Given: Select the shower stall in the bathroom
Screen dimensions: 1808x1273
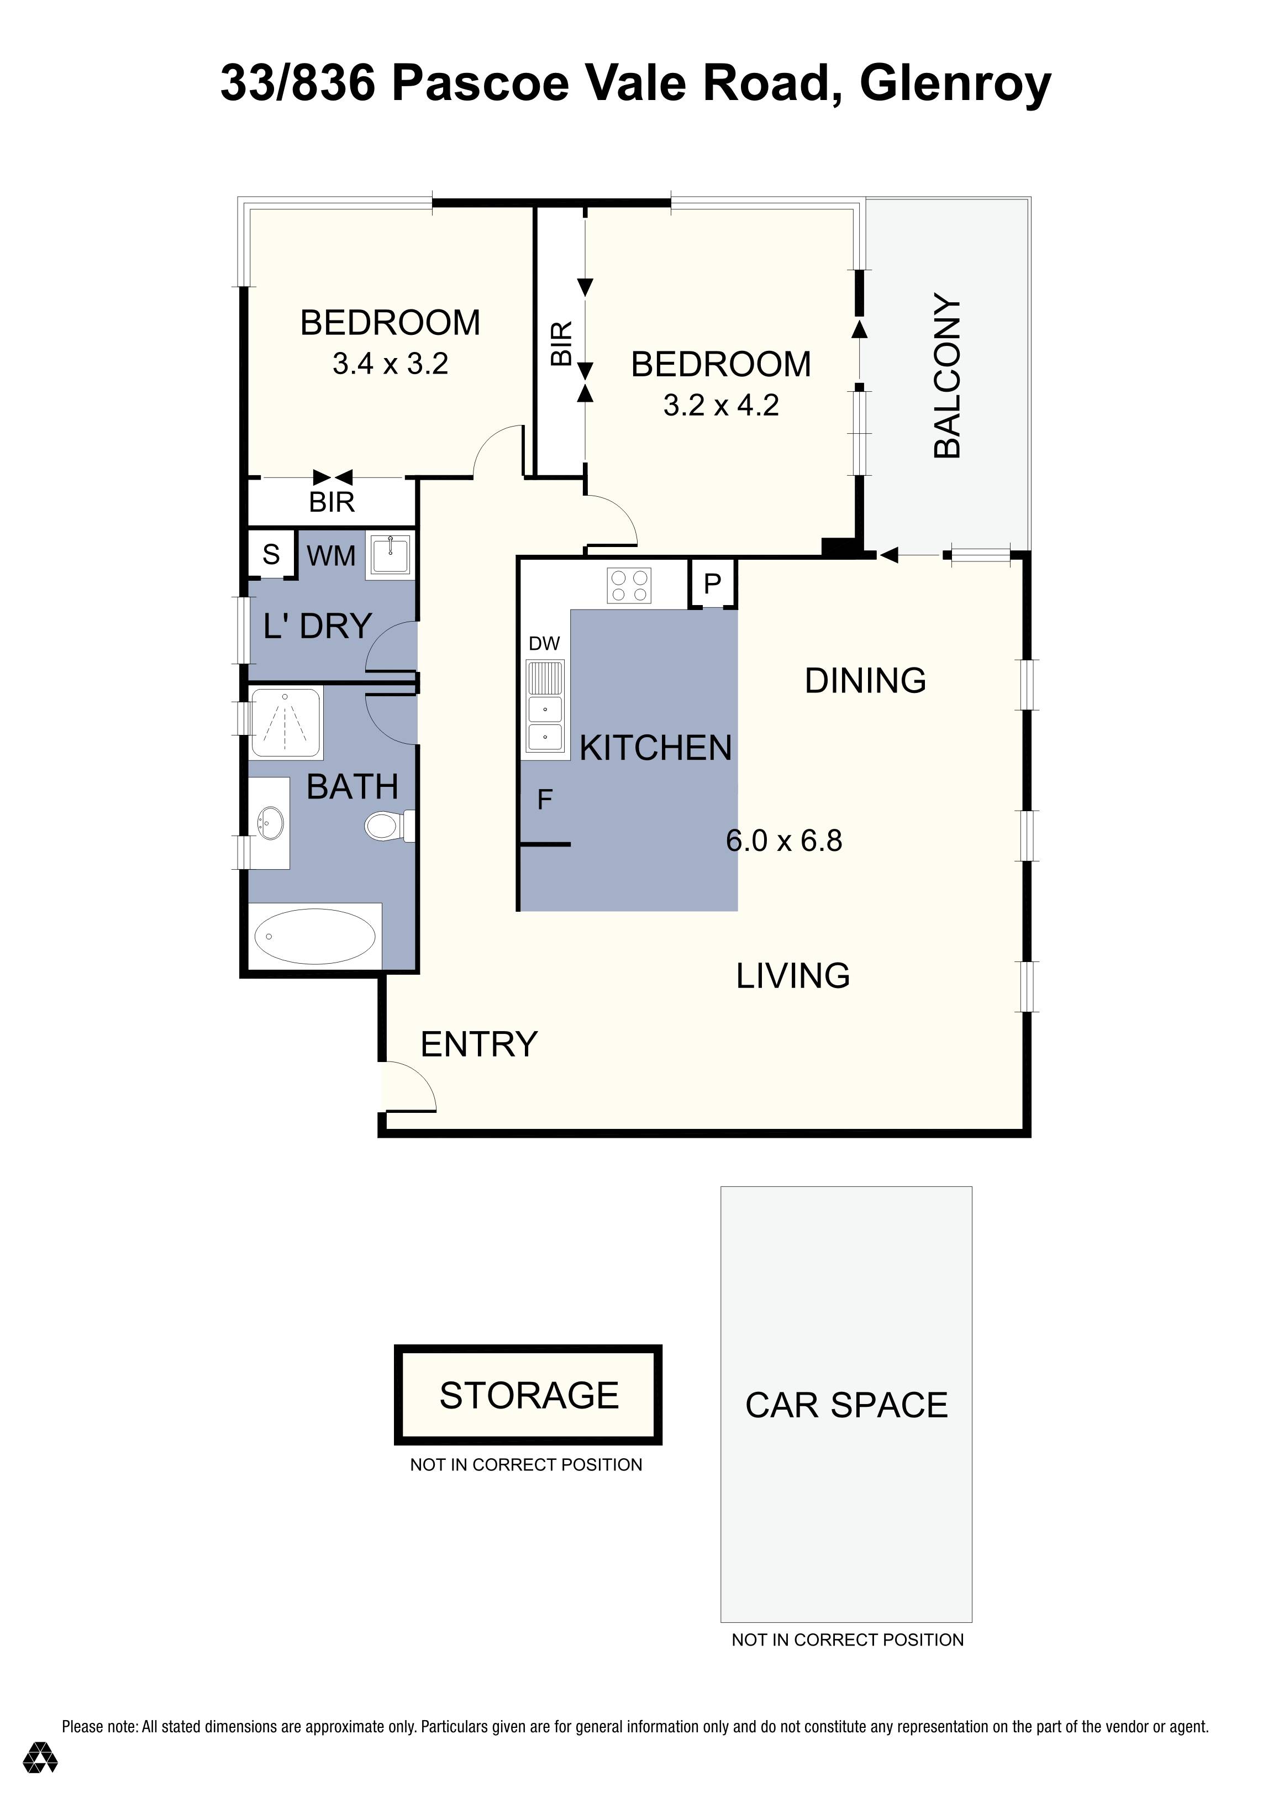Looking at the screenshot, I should coord(285,723).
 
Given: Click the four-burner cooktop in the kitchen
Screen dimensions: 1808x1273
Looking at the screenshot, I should coord(629,586).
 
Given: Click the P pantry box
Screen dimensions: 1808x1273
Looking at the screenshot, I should coord(712,584).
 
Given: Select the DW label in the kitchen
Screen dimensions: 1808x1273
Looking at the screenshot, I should coord(544,643).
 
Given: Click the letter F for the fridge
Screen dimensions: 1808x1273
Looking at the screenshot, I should coord(545,800).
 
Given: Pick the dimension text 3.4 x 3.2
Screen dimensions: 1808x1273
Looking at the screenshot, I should coord(391,364).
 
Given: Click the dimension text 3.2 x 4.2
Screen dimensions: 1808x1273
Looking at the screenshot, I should coord(721,406).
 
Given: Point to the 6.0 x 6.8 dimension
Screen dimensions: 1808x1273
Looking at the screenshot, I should coord(784,841).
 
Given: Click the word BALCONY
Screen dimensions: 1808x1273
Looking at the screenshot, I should coord(947,376).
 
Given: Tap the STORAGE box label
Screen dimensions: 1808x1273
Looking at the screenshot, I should coord(529,1396).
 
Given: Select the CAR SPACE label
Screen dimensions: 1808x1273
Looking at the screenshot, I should coord(846,1406).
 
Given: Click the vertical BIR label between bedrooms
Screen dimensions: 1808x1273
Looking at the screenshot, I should coord(561,343).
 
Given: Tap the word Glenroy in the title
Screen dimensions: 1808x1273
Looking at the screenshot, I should coord(955,83).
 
